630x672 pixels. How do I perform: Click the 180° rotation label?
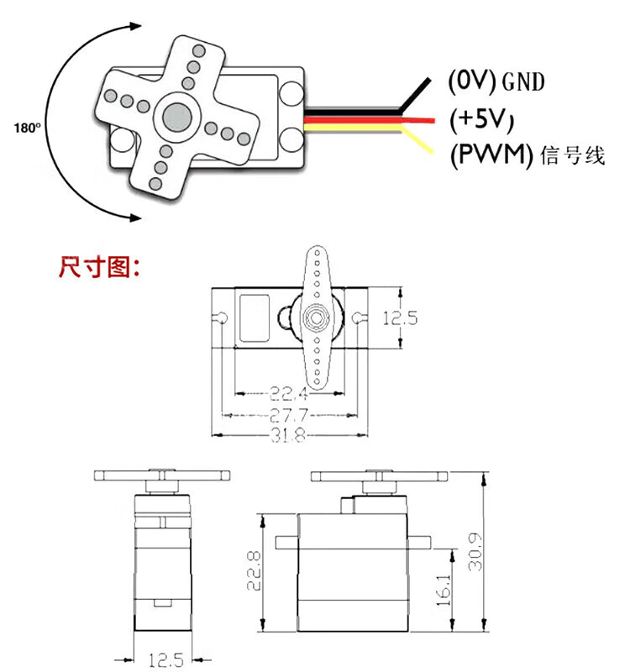point(28,128)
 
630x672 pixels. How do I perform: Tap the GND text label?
point(522,81)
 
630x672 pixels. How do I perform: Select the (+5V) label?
point(481,118)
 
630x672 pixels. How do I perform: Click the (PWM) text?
point(491,155)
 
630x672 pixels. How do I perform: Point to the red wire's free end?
point(433,120)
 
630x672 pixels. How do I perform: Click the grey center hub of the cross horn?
point(177,117)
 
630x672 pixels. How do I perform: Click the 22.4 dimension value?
point(288,393)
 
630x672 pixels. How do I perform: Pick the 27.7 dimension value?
point(288,415)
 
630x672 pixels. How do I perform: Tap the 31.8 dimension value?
point(288,435)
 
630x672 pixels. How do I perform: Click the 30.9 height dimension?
point(475,552)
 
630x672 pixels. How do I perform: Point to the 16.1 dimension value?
point(444,590)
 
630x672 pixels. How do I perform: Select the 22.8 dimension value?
point(254,570)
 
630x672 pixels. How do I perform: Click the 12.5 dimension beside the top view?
point(400,318)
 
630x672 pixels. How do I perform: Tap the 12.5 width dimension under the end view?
point(166,660)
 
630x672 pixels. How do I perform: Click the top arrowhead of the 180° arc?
point(136,26)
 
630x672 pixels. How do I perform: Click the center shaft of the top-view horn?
point(317,318)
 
